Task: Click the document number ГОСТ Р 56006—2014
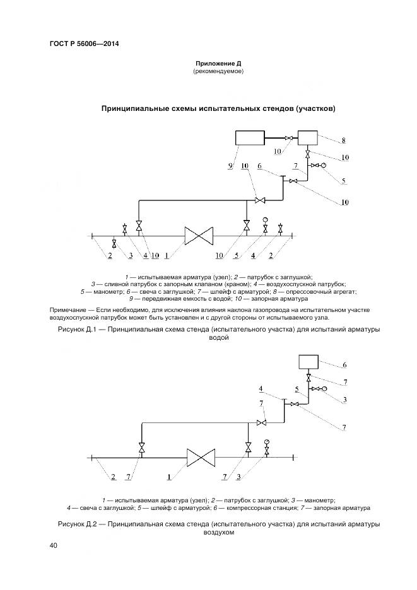[84, 44]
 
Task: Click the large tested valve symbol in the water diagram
[199, 236]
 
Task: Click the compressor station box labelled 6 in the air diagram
[308, 362]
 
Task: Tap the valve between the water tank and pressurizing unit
[289, 138]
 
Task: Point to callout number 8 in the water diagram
[343, 141]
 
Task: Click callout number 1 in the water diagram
[165, 255]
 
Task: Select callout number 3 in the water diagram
[130, 255]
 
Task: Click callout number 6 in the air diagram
[345, 365]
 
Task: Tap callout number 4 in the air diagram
[261, 388]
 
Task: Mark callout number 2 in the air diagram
[113, 477]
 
